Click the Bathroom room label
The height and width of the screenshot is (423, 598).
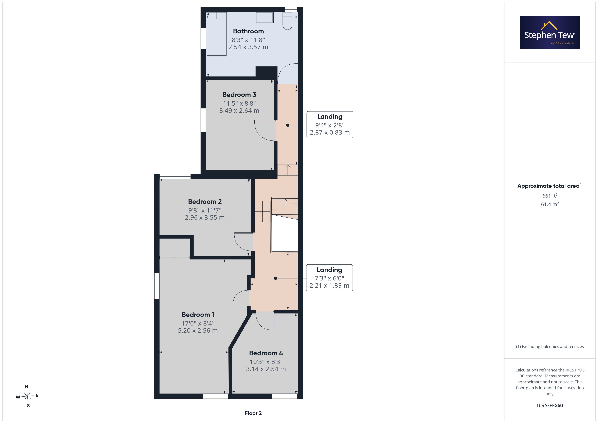point(248,31)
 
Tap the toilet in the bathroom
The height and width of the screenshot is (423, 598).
point(287,21)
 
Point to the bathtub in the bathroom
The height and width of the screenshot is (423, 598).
point(216,34)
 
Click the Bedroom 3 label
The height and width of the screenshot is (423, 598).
point(239,95)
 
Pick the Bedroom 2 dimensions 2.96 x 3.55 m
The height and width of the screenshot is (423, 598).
point(205,217)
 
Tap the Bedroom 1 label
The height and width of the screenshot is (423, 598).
point(198,315)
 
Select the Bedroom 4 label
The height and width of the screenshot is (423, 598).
point(266,353)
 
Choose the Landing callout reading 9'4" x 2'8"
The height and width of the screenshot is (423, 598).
point(330,125)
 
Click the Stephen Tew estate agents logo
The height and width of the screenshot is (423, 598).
point(550,32)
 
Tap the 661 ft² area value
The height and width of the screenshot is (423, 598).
point(550,196)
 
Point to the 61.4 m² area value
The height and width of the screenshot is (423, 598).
point(550,204)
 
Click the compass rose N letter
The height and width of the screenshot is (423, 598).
point(27,387)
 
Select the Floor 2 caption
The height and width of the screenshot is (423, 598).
point(253,413)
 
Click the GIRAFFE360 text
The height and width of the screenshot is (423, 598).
point(550,405)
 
